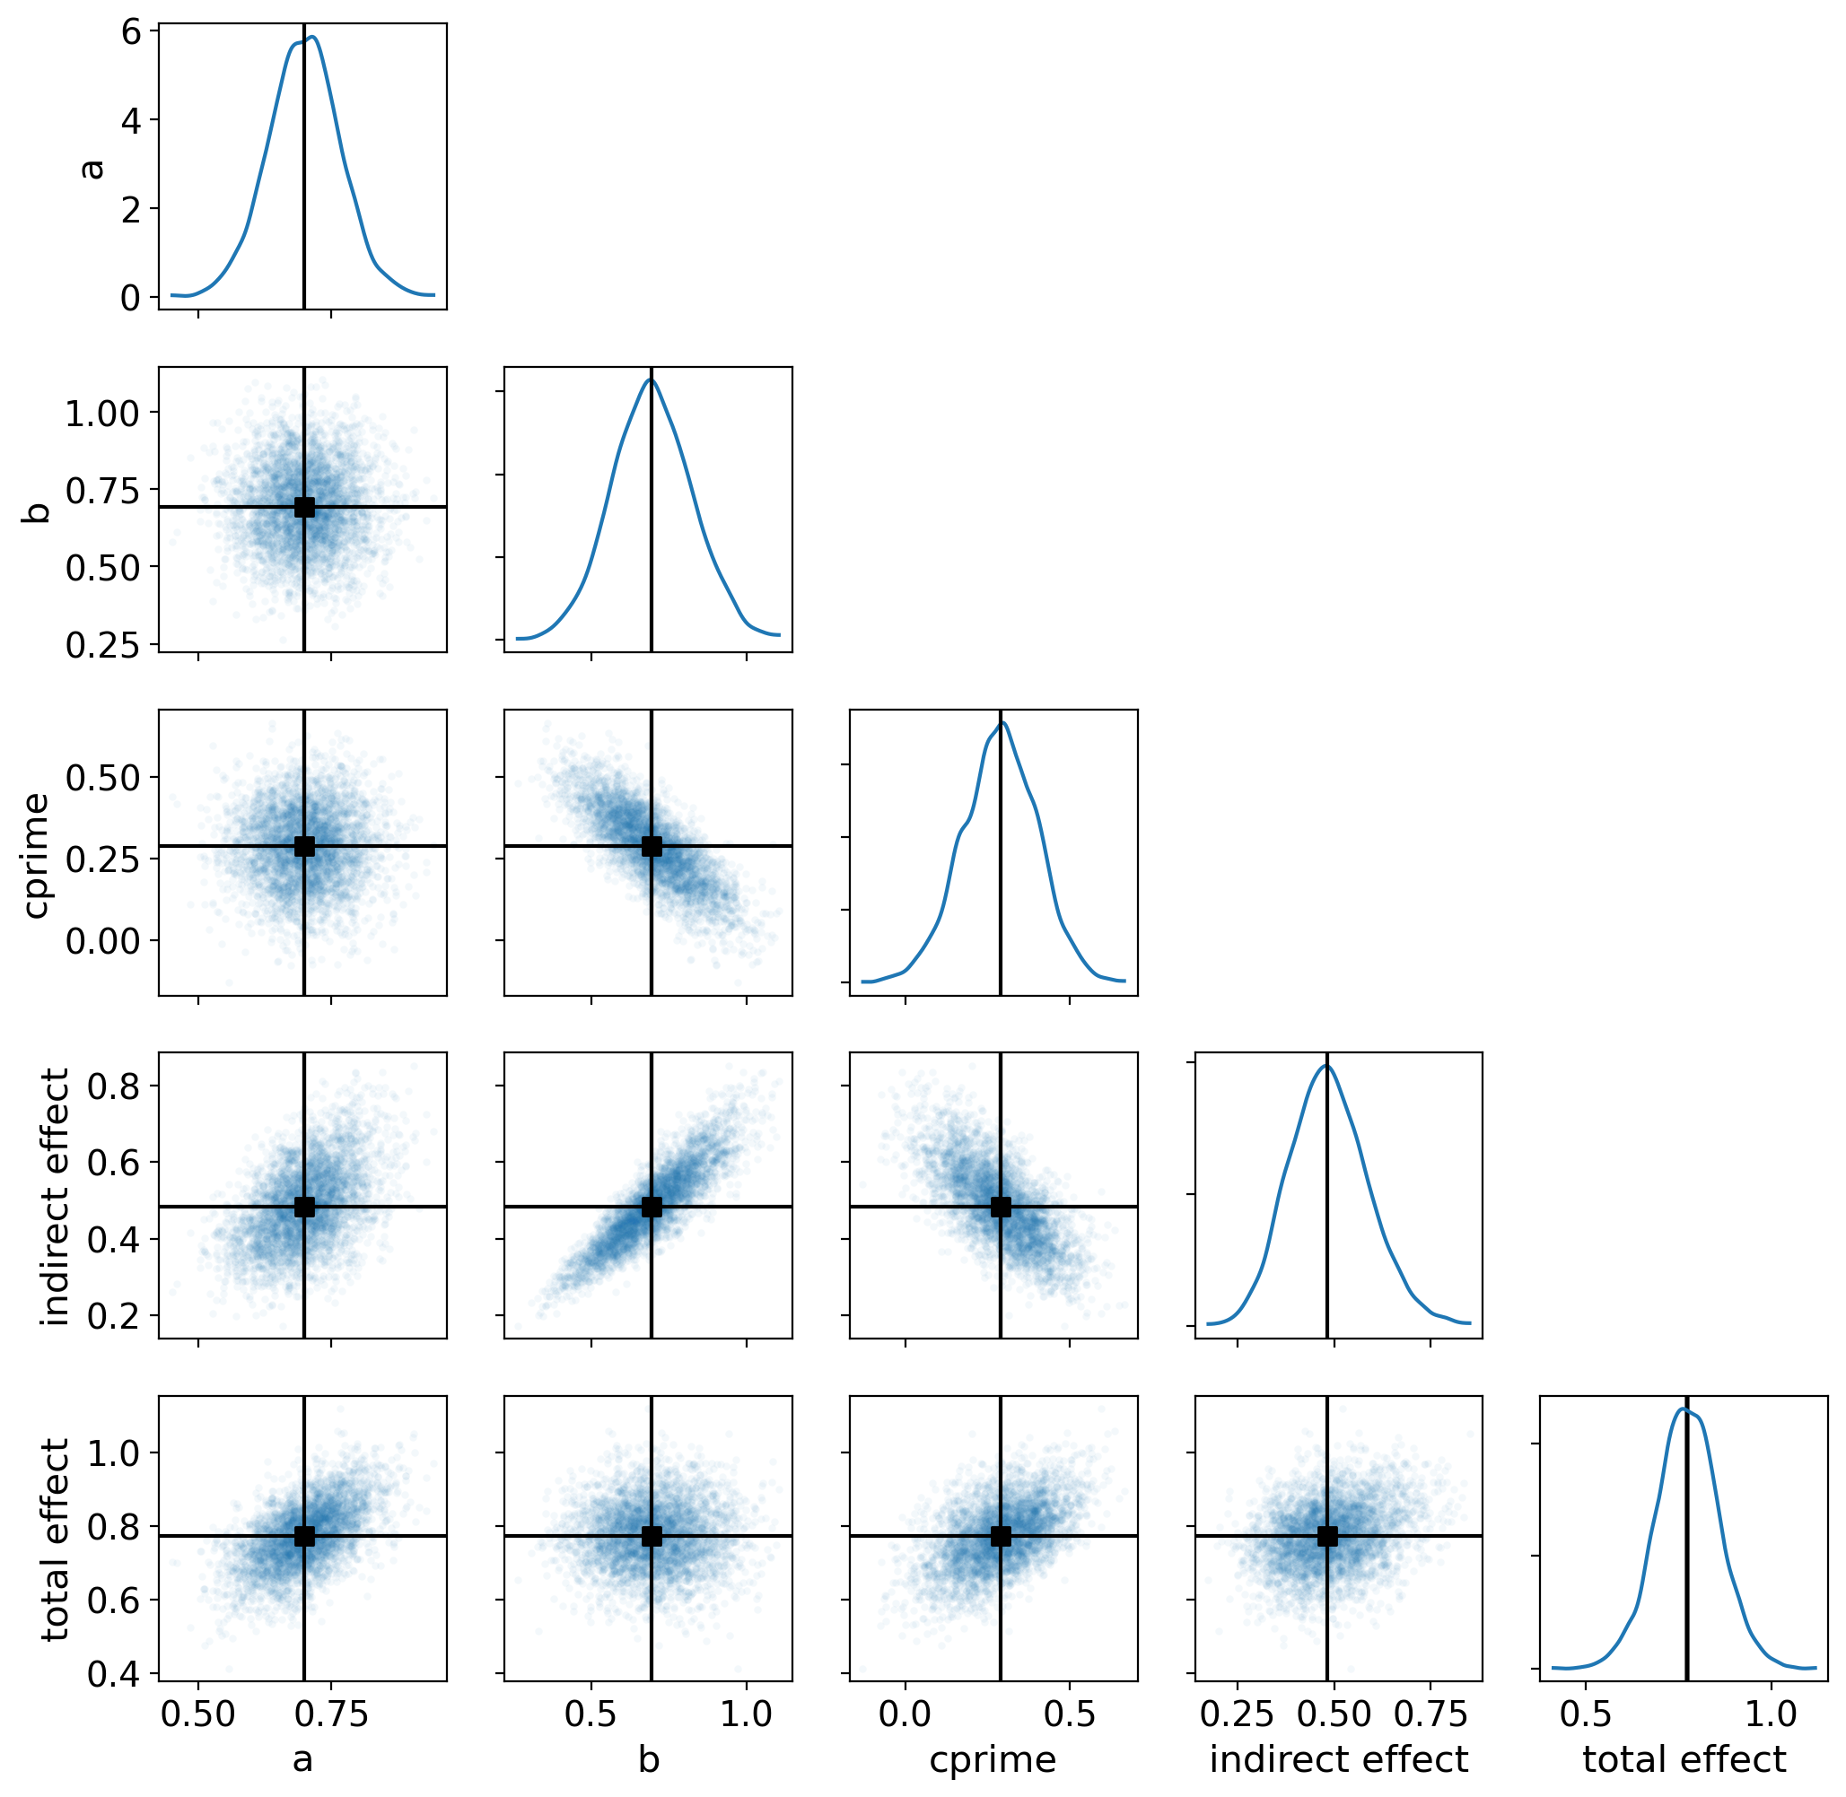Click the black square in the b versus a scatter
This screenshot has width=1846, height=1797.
[x=304, y=507]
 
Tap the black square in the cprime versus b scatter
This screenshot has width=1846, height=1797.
[x=651, y=846]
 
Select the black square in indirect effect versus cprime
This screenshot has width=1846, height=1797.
[x=1000, y=1206]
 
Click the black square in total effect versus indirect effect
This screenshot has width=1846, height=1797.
[x=1326, y=1536]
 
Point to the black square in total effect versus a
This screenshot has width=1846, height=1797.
[x=304, y=1536]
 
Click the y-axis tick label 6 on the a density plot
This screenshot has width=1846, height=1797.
[x=131, y=32]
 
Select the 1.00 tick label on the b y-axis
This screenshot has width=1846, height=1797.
[x=102, y=414]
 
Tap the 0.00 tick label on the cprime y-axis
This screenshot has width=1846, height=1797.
[x=102, y=941]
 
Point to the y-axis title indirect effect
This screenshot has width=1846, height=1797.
[x=55, y=1197]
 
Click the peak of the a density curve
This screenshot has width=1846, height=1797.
[x=311, y=38]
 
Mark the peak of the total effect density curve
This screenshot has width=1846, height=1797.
[x=1682, y=1435]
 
